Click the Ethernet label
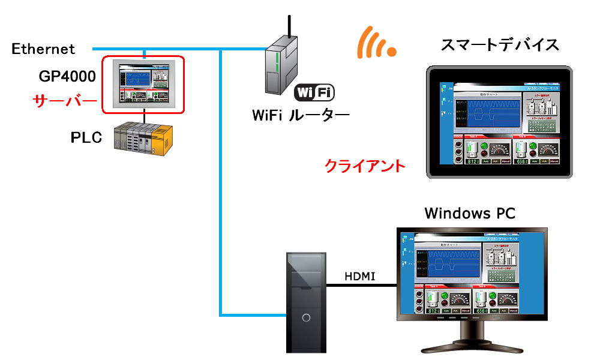click(x=43, y=49)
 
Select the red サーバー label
click(x=64, y=100)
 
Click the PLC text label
click(x=86, y=137)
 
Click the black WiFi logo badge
click(x=314, y=92)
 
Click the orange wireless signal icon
click(x=375, y=43)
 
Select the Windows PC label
click(x=469, y=213)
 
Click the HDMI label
click(x=360, y=276)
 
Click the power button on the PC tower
click(x=306, y=317)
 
